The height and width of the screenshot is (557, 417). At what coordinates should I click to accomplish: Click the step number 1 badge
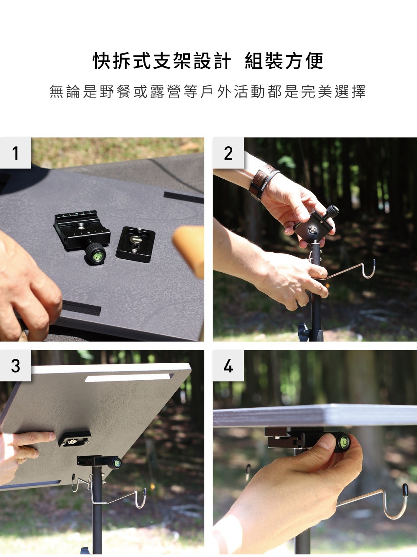coord(15,153)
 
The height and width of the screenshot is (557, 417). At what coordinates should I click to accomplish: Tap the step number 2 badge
coord(228,153)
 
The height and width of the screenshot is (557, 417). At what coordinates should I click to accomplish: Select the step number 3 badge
coord(15,366)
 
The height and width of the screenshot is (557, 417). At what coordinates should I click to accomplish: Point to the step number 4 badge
coord(228,366)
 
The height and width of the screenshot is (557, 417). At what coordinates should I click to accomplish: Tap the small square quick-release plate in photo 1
coord(136,245)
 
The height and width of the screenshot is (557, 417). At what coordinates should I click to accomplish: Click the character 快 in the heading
coord(102,61)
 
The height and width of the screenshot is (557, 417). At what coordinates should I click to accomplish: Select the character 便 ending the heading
coord(314,61)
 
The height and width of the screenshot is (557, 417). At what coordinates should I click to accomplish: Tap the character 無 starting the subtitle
coord(57,91)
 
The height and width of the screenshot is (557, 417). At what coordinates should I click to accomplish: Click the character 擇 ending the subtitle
coord(358,91)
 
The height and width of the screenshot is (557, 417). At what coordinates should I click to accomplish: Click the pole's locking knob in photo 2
coord(304,331)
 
